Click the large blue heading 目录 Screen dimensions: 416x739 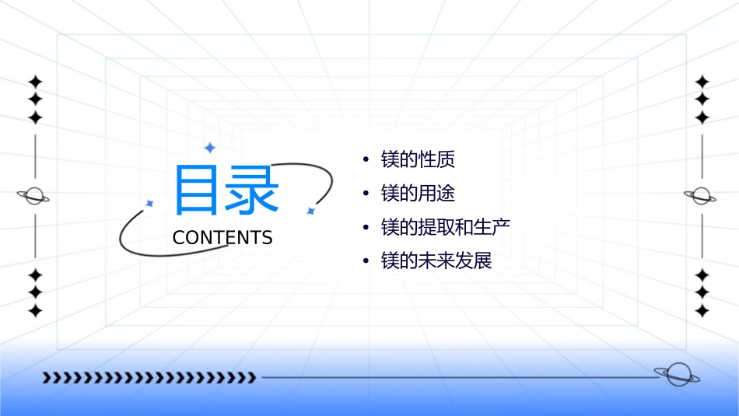pos(226,190)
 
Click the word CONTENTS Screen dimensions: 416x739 pos(222,238)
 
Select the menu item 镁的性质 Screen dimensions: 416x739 pos(418,160)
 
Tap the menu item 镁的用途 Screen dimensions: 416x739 pos(418,194)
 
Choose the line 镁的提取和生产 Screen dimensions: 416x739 pos(446,227)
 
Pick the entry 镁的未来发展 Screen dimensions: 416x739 pos(436,260)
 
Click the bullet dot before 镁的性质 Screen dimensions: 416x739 pos(366,160)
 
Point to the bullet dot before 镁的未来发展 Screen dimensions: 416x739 pos(366,261)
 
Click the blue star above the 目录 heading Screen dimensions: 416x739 pos(209,147)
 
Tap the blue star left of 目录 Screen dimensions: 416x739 pos(150,203)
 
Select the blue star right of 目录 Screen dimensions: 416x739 pos(310,211)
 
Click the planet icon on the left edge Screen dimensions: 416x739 pos(34,196)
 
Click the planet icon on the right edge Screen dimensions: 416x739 pos(702,196)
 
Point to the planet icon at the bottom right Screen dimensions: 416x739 pos(676,374)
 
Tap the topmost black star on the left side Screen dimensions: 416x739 pos(35,82)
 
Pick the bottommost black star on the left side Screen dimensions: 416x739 pos(35,311)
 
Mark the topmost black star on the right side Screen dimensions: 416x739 pos(702,82)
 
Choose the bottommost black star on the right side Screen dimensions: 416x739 pos(702,311)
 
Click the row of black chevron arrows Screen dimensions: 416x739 pos(149,378)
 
